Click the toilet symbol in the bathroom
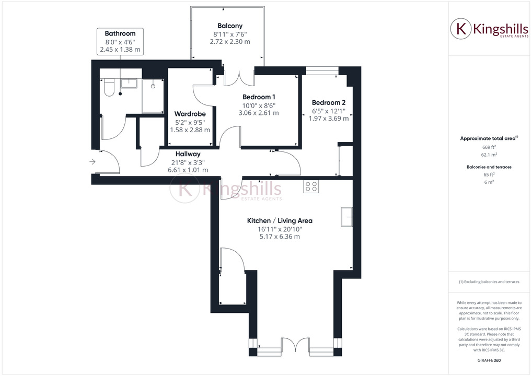(109, 88)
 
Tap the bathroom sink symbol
(129, 83)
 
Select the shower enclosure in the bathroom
(153, 96)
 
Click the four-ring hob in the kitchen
(311, 186)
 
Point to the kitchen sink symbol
(347, 217)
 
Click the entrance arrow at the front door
(92, 162)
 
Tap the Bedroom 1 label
(259, 97)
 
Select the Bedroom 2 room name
(329, 103)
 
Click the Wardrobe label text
(190, 114)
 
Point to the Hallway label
(188, 154)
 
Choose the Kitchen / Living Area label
(280, 221)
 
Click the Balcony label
(230, 26)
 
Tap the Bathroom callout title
(120, 33)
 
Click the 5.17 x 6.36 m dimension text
(280, 237)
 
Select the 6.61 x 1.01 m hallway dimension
(188, 170)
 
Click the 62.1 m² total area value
(489, 155)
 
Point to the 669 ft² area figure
(489, 147)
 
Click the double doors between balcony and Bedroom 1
(239, 77)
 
